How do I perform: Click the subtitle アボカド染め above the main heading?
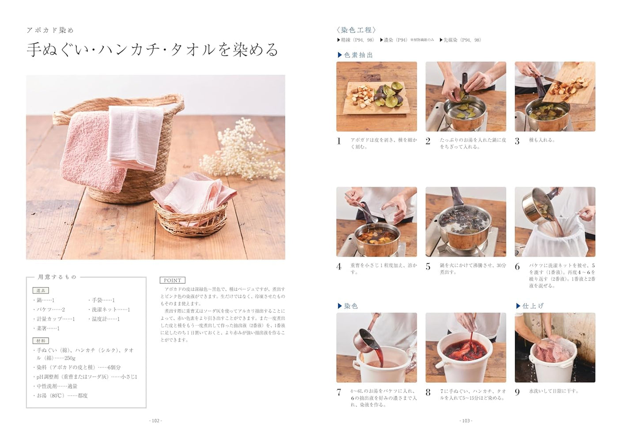click(50, 30)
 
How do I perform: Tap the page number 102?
click(155, 420)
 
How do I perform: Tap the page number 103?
click(466, 420)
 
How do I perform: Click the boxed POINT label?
click(172, 280)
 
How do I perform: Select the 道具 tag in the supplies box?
click(41, 290)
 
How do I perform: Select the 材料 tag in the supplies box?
click(41, 341)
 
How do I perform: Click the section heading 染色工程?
click(356, 30)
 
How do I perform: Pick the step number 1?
click(339, 141)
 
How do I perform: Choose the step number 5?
click(428, 267)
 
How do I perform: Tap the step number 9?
click(517, 392)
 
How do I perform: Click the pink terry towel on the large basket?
click(91, 153)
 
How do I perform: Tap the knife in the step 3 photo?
click(550, 79)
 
